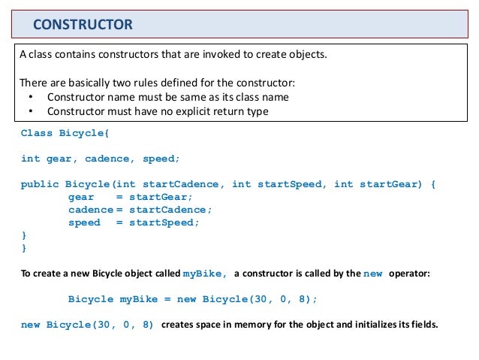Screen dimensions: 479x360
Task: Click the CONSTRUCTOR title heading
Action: (x=83, y=26)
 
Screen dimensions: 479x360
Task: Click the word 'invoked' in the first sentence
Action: (x=213, y=56)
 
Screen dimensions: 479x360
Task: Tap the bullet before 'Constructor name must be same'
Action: (x=29, y=98)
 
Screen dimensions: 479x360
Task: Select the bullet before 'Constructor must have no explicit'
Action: (x=29, y=112)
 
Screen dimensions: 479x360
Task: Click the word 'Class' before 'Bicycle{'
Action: (x=37, y=133)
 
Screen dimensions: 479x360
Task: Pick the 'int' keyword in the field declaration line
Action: (x=31, y=159)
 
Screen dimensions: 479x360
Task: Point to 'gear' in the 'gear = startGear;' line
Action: (x=81, y=197)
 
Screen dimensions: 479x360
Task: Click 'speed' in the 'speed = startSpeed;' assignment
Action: (x=84, y=222)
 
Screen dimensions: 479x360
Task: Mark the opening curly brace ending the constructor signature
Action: (x=435, y=184)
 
